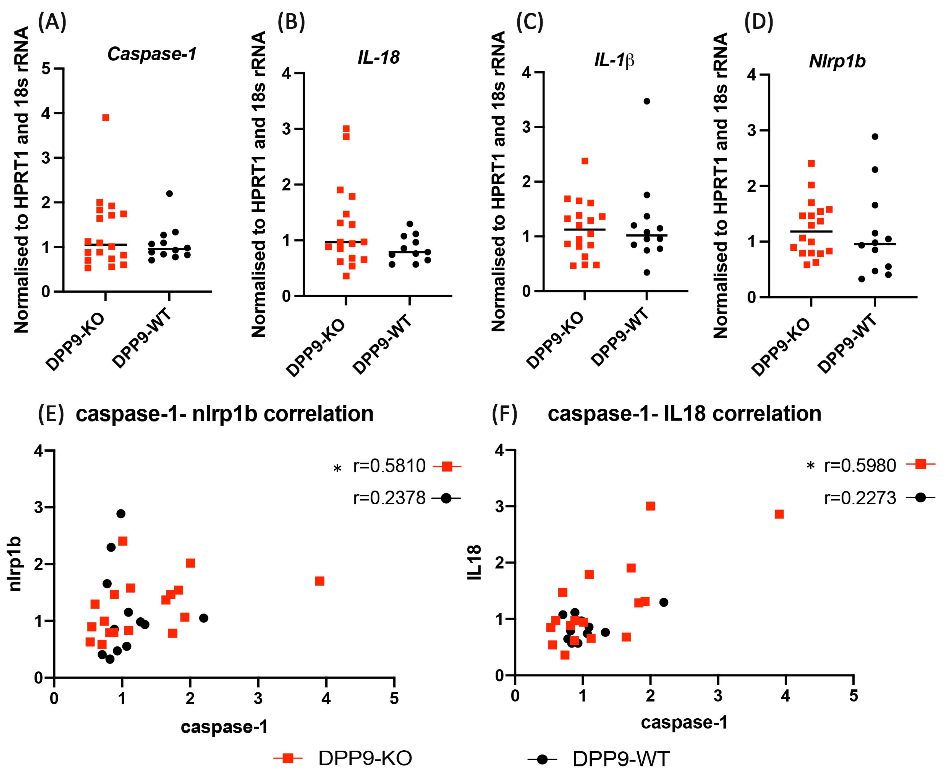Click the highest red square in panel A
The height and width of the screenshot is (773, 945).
pos(106,118)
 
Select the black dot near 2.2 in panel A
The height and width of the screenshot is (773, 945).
pos(169,194)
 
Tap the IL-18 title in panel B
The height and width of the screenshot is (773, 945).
pos(378,57)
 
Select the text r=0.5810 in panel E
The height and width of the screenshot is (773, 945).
pos(389,466)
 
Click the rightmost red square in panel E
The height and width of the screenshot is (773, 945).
pos(319,581)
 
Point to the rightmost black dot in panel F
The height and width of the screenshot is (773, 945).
pos(663,602)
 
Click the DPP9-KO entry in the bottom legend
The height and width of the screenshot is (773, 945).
pos(364,758)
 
